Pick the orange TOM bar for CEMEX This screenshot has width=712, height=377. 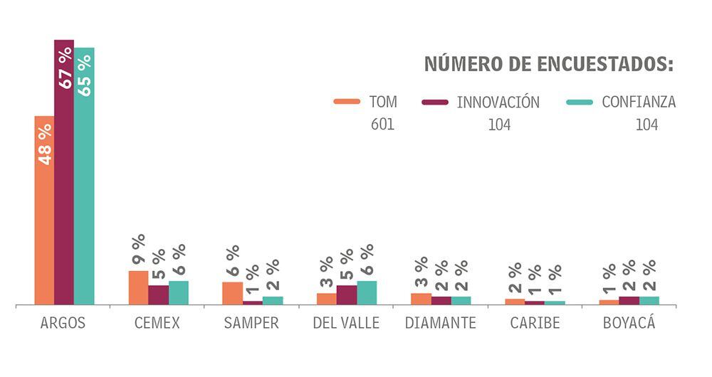pyautogui.click(x=138, y=287)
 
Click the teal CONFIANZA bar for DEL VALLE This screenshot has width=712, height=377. pyautogui.click(x=367, y=292)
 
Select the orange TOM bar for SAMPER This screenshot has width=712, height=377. pyautogui.click(x=232, y=293)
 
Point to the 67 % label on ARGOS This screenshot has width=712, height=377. pyautogui.click(x=65, y=68)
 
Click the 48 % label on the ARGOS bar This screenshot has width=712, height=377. pyautogui.click(x=44, y=144)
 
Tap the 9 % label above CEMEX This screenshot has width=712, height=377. pyautogui.click(x=138, y=250)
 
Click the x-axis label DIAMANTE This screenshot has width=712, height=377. pyautogui.click(x=440, y=323)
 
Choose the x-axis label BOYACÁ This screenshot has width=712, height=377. pyautogui.click(x=629, y=323)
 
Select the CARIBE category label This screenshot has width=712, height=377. pyautogui.click(x=535, y=323)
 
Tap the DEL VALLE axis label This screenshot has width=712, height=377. pyautogui.click(x=346, y=323)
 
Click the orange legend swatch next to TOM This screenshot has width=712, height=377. pyautogui.click(x=347, y=102)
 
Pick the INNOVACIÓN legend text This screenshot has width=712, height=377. pyautogui.click(x=498, y=102)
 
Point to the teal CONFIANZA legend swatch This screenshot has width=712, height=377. pyautogui.click(x=580, y=102)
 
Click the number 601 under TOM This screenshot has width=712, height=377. pyautogui.click(x=382, y=124)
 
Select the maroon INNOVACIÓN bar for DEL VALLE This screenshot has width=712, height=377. pyautogui.click(x=347, y=294)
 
